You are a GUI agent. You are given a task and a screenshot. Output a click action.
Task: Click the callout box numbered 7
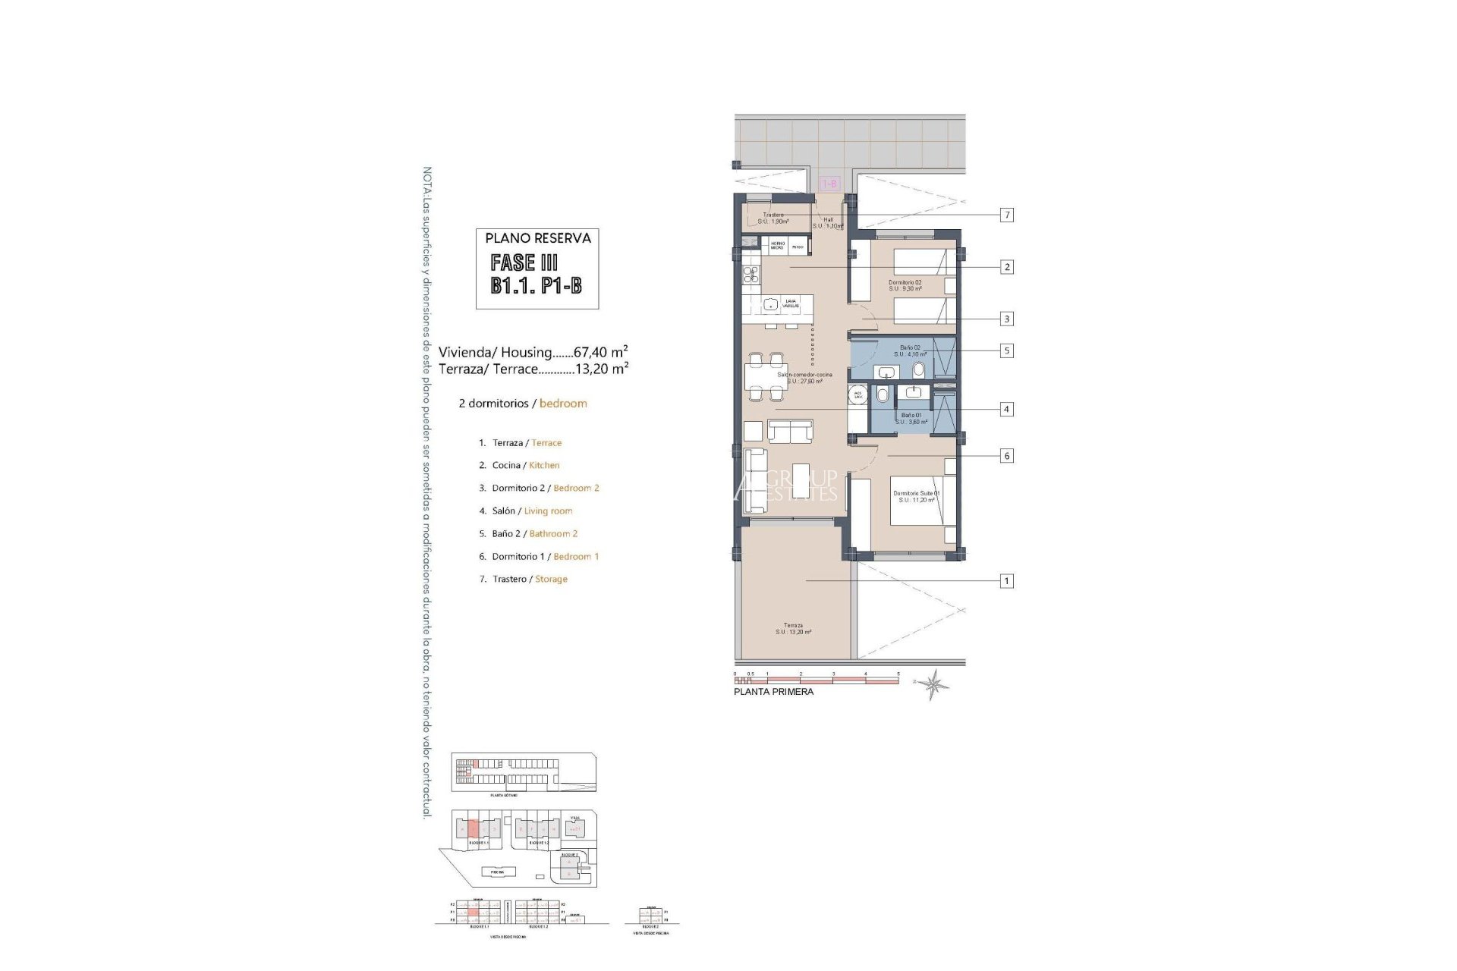(1007, 215)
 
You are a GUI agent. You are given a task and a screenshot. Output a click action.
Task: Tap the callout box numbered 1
(1007, 581)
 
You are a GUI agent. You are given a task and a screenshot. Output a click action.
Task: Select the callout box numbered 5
(1007, 351)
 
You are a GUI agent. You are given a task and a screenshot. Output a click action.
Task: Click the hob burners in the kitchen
(219, 275)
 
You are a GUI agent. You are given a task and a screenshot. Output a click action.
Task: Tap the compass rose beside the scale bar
(933, 683)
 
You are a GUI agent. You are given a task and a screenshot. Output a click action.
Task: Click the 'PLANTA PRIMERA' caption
(773, 692)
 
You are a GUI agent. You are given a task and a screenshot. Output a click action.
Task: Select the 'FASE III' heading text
(524, 263)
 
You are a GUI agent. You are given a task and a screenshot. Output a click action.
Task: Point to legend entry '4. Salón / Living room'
(526, 511)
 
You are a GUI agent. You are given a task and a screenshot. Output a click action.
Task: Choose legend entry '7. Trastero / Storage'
(523, 580)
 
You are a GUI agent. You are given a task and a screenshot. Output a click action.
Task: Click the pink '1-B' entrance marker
(830, 184)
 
